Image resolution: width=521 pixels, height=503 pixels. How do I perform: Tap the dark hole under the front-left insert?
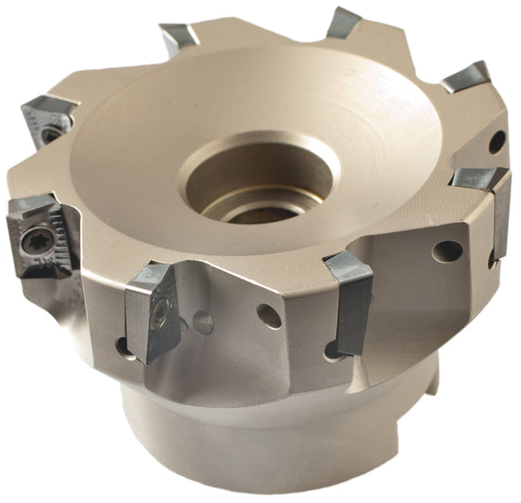pos(124,346)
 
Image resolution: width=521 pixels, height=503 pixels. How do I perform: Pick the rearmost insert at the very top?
pos(343,23)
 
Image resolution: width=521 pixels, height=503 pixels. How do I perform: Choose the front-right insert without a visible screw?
pos(349,299)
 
